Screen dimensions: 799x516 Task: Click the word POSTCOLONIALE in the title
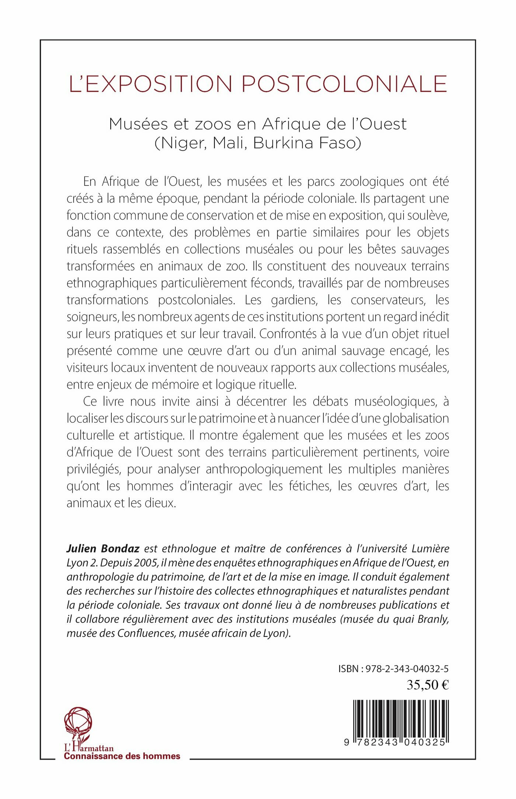pos(344,84)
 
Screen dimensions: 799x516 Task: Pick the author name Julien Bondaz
pos(103,548)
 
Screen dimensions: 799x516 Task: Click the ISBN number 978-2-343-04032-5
pos(407,669)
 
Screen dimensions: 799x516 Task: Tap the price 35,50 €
pos(428,685)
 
